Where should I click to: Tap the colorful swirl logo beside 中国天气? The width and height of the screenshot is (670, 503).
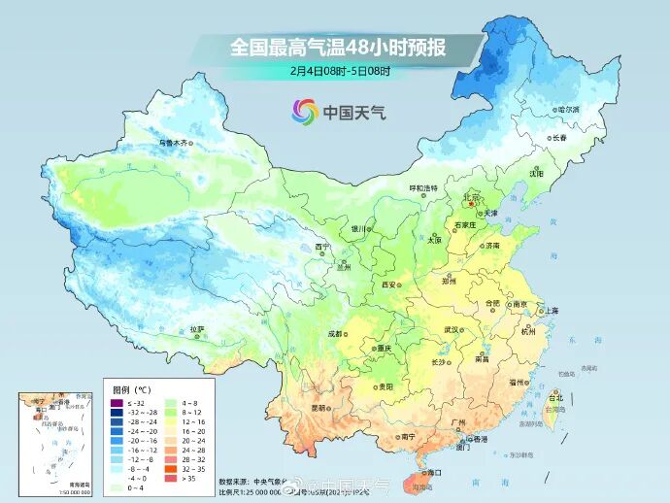click(304, 113)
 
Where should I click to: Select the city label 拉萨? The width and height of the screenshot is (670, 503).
click(197, 329)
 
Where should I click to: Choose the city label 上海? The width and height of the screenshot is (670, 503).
click(550, 311)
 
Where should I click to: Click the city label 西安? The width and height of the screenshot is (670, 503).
click(389, 285)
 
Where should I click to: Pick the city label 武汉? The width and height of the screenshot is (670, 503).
click(451, 330)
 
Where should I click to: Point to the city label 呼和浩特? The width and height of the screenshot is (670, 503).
click(422, 187)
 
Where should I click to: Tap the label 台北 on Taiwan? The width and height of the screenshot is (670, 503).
click(555, 398)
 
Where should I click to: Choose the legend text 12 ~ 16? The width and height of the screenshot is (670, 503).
click(193, 421)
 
